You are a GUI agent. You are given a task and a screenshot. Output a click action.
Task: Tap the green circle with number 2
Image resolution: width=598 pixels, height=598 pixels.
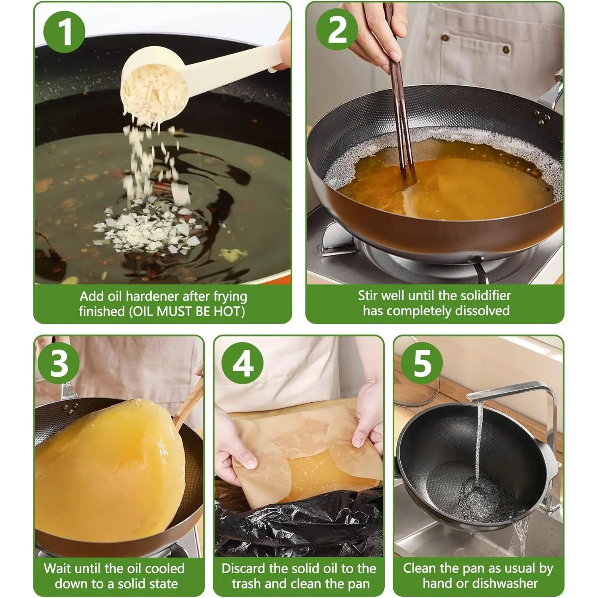click(337, 30)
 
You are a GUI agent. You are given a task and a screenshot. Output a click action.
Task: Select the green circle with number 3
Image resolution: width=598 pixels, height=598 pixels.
click(60, 363)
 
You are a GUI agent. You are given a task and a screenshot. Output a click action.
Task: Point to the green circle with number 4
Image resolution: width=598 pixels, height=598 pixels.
click(242, 363)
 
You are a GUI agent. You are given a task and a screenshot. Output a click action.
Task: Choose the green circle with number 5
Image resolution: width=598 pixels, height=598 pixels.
click(422, 363)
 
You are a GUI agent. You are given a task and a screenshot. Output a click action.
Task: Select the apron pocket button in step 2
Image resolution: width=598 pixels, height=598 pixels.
click(506, 50)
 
